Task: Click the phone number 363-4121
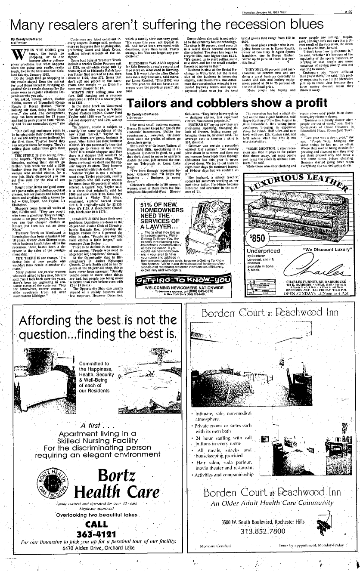pyautogui.click(x=96, y=534)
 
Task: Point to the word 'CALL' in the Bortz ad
pyautogui.click(x=96, y=525)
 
